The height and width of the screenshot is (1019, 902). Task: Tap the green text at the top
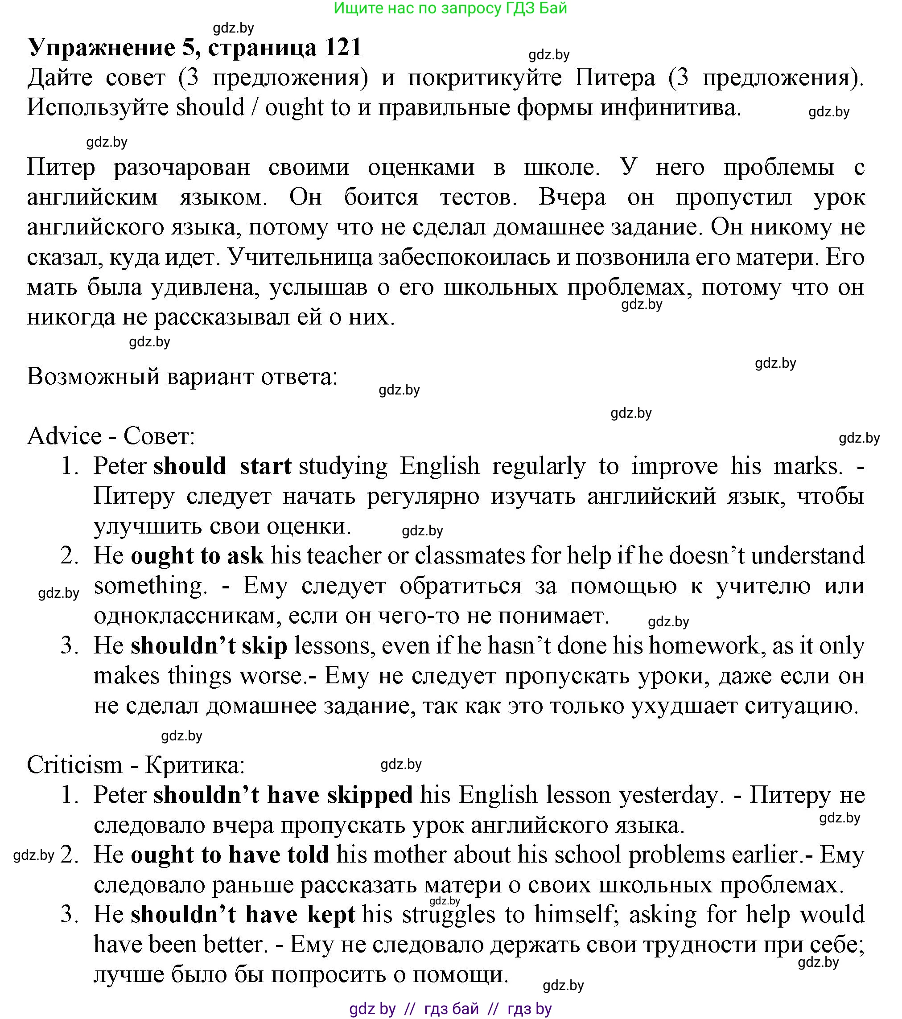click(x=450, y=8)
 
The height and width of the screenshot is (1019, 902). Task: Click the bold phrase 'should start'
click(x=222, y=466)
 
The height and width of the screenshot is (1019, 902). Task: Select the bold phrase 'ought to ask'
click(x=197, y=556)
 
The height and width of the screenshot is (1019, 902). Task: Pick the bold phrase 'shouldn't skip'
click(x=209, y=645)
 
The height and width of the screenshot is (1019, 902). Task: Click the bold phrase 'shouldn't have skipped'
click(x=283, y=795)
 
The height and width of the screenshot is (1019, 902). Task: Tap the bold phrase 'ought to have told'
click(x=230, y=855)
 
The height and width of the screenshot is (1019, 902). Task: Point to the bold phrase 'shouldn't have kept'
click(x=243, y=914)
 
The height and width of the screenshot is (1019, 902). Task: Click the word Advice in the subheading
click(x=64, y=436)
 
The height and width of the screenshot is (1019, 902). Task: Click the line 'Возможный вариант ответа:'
click(x=182, y=376)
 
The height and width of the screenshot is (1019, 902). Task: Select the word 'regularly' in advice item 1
click(x=539, y=466)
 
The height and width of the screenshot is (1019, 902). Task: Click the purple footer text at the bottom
click(x=450, y=1009)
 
